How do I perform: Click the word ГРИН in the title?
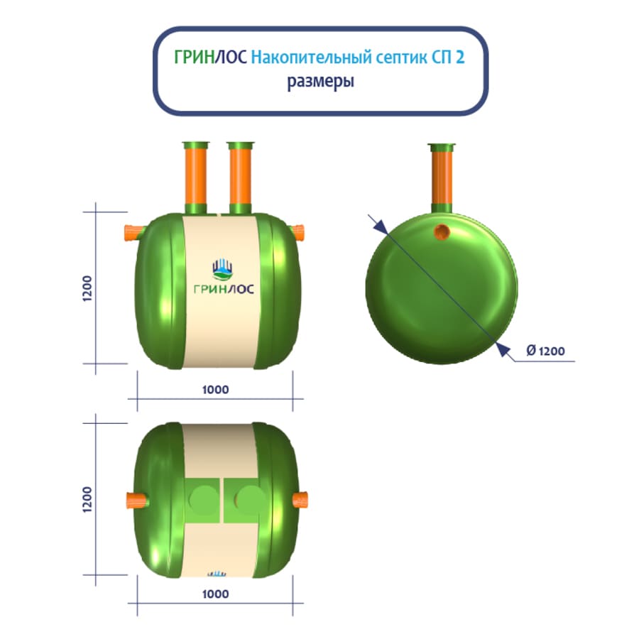(195, 58)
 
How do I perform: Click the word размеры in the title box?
(321, 81)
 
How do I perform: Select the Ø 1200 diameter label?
(545, 351)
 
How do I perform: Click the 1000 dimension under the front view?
(216, 390)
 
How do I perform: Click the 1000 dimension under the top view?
(216, 594)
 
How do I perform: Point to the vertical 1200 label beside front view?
(87, 288)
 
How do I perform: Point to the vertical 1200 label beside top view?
(87, 499)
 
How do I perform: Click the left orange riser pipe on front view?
(196, 175)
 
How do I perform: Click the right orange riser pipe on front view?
(241, 175)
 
